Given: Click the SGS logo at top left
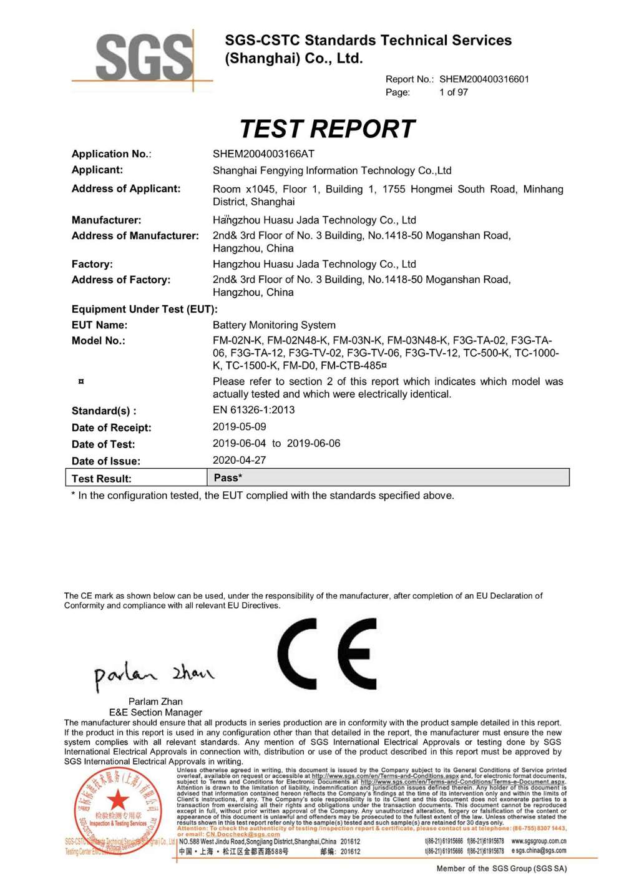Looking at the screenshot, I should tap(143, 57).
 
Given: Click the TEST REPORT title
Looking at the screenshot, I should tap(327, 129).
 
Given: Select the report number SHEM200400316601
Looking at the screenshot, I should tap(484, 79).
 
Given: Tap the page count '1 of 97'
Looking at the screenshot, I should tap(453, 92).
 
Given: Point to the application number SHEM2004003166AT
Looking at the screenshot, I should tap(263, 154).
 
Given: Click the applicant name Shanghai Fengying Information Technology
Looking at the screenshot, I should tap(332, 170).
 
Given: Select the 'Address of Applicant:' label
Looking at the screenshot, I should tap(126, 189).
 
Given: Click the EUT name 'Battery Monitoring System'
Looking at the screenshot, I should tap(274, 325).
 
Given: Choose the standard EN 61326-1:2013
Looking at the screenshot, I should tap(253, 410).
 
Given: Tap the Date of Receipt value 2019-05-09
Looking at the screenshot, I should tap(239, 427).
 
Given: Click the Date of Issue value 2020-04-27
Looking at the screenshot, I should tap(239, 460).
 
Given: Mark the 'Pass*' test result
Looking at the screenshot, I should tap(228, 478).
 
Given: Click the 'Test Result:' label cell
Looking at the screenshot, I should tap(102, 479).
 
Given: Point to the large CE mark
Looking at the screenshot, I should tap(328, 654).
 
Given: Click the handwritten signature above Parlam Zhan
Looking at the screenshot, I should tap(154, 675).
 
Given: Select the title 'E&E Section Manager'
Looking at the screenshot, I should tap(155, 712).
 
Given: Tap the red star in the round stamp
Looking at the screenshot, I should tap(117, 800).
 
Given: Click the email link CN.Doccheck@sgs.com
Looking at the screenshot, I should tap(243, 834).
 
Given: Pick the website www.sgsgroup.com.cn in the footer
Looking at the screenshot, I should tap(539, 841).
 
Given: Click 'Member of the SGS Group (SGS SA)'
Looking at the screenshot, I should tap(502, 868).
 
